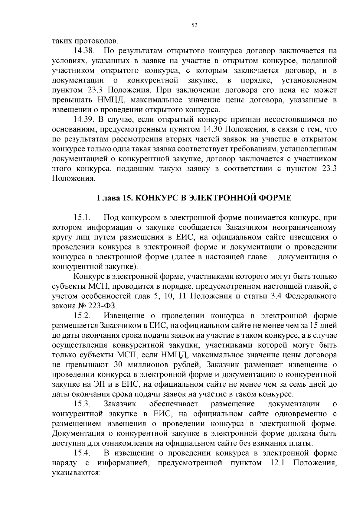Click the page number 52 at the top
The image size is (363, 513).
pyautogui.click(x=195, y=26)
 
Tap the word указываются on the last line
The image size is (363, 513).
pyautogui.click(x=76, y=473)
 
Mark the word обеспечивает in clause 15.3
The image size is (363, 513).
pyautogui.click(x=174, y=404)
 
